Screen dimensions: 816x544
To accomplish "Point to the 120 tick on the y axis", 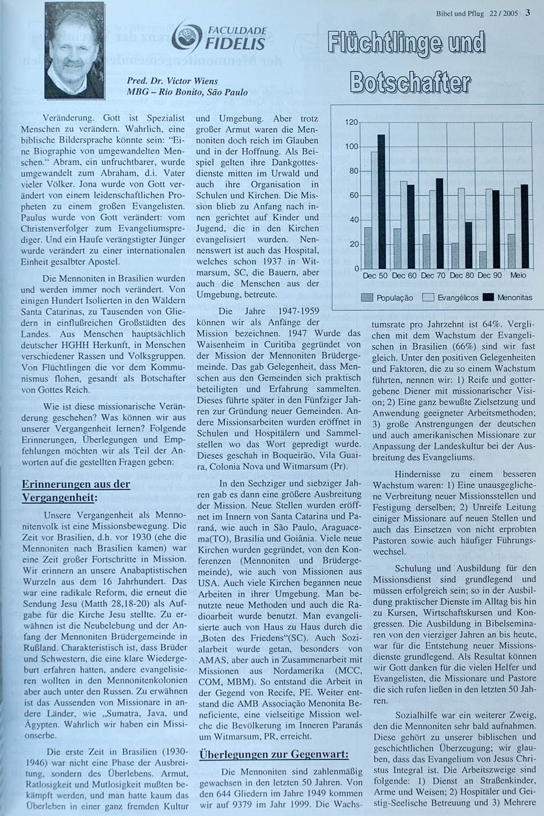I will [x=350, y=122].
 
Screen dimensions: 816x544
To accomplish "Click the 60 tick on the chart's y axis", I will [x=353, y=195].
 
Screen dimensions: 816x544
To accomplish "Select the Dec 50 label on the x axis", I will [x=375, y=275].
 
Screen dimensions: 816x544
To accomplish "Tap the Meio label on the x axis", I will [x=518, y=275].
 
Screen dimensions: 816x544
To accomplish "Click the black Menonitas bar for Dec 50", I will [x=381, y=201].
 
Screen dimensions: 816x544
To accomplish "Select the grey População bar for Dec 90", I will [x=483, y=260].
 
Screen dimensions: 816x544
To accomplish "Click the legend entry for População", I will [x=388, y=298].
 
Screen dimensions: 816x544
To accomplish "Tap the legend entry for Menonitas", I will [x=509, y=298].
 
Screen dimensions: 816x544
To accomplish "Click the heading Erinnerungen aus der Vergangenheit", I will [x=76, y=491].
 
